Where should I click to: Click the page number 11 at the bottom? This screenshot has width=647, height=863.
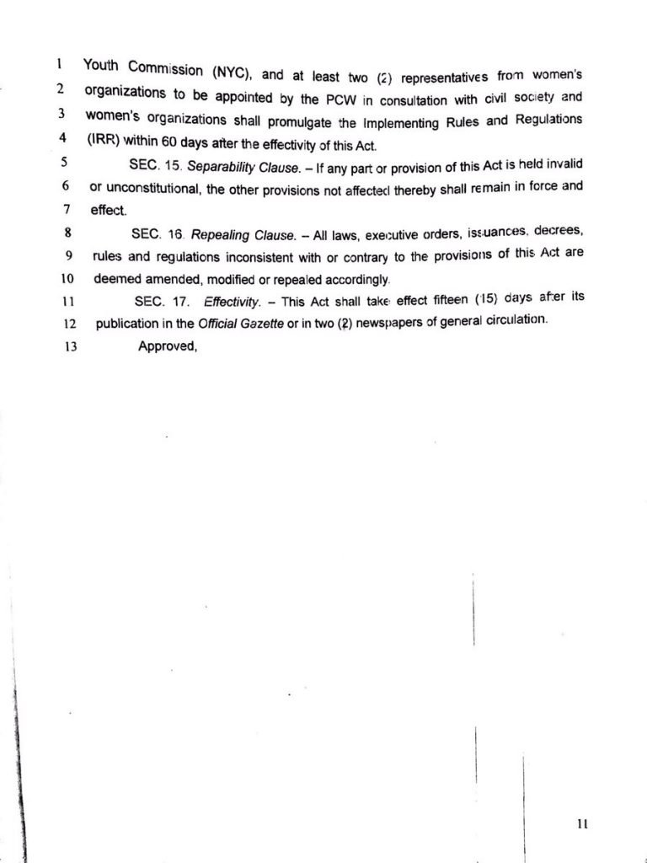pyautogui.click(x=582, y=825)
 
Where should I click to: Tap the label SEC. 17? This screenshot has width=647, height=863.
pyautogui.click(x=160, y=301)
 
